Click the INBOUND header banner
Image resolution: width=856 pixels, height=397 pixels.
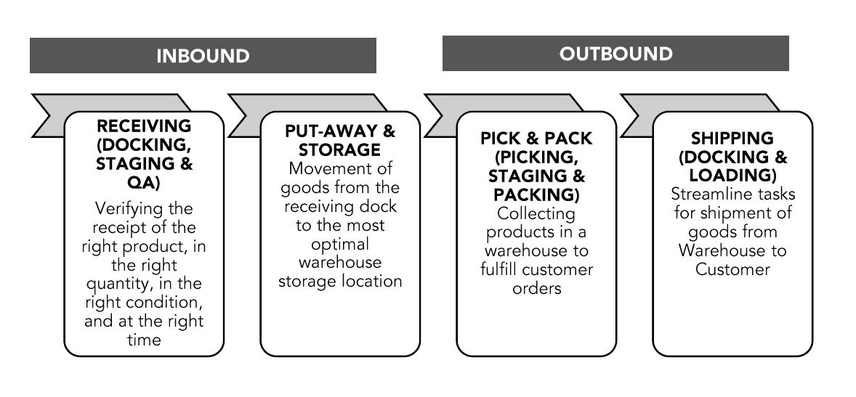(x=203, y=56)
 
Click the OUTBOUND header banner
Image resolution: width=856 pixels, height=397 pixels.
(x=615, y=53)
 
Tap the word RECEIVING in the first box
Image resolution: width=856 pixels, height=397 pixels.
(x=144, y=126)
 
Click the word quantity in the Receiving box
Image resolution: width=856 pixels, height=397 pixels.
(x=116, y=284)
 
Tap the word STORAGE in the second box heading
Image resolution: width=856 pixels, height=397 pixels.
(x=339, y=150)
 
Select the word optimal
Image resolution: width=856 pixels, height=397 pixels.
(x=340, y=244)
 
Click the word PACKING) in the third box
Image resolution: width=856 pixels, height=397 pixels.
(x=536, y=195)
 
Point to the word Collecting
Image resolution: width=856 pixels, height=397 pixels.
(x=536, y=214)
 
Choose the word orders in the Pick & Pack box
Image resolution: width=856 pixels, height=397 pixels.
(x=536, y=288)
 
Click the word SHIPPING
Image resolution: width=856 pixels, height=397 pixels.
(x=732, y=138)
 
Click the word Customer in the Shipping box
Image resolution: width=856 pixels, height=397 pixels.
(x=732, y=269)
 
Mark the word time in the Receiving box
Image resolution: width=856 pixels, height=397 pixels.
(x=144, y=340)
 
